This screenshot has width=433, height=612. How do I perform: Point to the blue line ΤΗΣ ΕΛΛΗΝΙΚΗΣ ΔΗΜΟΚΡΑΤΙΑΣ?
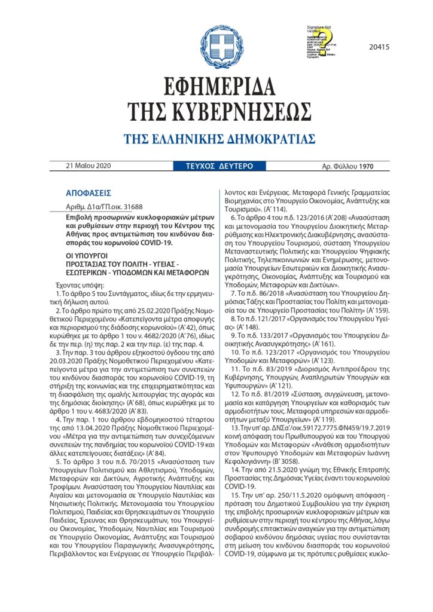coord(219,139)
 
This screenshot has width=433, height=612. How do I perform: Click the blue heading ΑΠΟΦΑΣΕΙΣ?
coord(89,193)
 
